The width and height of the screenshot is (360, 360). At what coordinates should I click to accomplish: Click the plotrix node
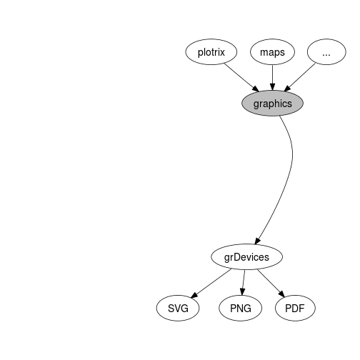[x=211, y=52]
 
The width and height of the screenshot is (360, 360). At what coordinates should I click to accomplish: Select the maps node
[x=272, y=52]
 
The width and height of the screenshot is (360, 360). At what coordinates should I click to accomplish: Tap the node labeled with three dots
[x=326, y=52]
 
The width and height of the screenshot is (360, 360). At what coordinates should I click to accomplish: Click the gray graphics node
[x=272, y=104]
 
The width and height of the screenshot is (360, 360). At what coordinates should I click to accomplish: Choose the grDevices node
[x=246, y=257]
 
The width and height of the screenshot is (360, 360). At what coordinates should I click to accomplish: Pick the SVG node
[x=178, y=308]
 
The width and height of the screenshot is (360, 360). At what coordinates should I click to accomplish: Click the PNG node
[x=241, y=308]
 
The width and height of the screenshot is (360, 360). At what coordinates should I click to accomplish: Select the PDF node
[x=295, y=308]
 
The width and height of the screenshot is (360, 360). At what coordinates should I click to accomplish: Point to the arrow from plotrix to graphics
[x=241, y=77]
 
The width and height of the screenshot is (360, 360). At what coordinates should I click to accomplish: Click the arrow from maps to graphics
[x=273, y=78]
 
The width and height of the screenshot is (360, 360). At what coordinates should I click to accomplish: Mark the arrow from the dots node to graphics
[x=300, y=77]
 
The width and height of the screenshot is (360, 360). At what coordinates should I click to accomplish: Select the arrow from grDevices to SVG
[x=211, y=284]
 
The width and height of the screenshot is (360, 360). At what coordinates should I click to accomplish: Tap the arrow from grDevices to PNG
[x=244, y=283]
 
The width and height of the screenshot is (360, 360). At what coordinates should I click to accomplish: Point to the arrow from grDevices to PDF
[x=271, y=284]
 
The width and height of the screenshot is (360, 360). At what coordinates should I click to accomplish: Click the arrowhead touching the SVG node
[x=194, y=295]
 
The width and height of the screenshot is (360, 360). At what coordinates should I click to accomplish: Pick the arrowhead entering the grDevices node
[x=257, y=241]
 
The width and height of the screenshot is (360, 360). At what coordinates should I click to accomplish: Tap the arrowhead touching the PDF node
[x=281, y=294]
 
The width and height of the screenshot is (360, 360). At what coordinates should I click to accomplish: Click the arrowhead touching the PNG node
[x=242, y=291]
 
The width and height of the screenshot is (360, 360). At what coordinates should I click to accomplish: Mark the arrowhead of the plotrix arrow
[x=256, y=89]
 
